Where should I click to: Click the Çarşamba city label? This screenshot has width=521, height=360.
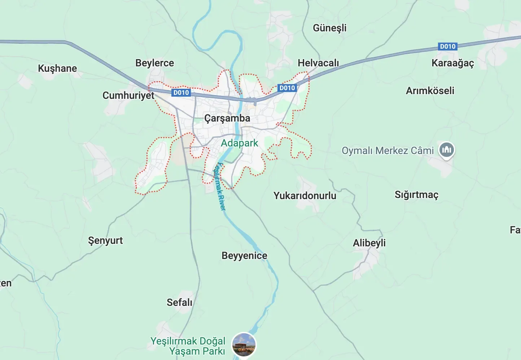tap(227, 118)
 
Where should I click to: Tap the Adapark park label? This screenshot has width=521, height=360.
tap(239, 143)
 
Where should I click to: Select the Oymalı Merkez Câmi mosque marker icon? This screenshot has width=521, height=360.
tap(447, 149)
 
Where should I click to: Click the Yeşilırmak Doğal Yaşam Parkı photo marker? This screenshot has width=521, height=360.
tap(244, 344)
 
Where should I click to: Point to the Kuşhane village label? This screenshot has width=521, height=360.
tap(57, 69)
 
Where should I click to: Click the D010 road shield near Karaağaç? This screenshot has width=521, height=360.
tap(448, 47)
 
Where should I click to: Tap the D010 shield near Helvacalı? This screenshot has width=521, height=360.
tap(287, 88)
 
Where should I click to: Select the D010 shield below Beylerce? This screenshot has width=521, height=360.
tap(181, 93)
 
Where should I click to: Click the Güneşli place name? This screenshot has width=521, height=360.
tap(329, 28)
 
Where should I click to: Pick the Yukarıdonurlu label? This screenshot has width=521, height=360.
tap(305, 196)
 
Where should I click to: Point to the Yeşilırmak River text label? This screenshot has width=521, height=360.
tap(219, 186)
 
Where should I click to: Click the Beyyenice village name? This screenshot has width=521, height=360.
tap(244, 256)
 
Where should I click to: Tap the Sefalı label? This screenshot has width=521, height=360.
tap(179, 302)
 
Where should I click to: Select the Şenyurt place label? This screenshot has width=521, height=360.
tap(105, 241)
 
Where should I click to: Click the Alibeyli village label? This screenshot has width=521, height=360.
tap(369, 243)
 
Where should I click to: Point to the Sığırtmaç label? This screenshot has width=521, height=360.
tap(416, 195)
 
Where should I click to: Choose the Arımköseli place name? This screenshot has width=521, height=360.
tap(430, 91)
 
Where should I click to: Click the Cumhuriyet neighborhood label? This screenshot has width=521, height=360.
tap(128, 96)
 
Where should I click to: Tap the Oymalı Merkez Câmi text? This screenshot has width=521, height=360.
tap(388, 150)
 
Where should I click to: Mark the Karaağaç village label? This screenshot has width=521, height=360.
tap(452, 63)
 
